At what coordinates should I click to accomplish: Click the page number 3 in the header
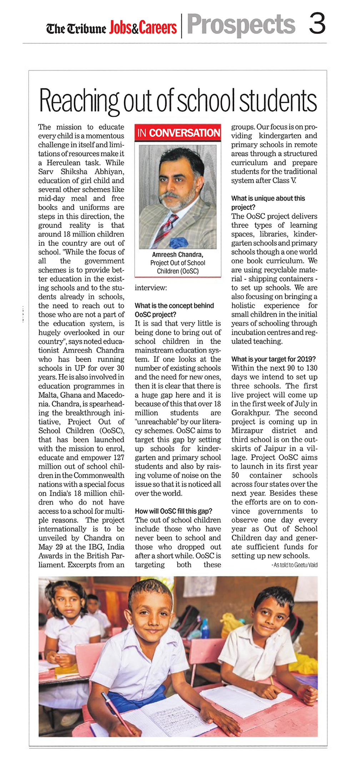click(317, 24)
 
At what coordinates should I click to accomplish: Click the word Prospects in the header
click(241, 25)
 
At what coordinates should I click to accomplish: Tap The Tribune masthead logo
click(76, 29)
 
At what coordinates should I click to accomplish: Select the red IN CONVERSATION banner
click(178, 133)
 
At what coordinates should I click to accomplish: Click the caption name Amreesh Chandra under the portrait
click(177, 255)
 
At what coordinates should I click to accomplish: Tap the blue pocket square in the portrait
click(179, 242)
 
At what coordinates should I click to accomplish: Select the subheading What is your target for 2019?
click(273, 359)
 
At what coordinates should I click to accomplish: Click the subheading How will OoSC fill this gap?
click(174, 511)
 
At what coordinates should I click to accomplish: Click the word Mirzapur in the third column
click(247, 430)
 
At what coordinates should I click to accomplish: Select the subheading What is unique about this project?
click(268, 203)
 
